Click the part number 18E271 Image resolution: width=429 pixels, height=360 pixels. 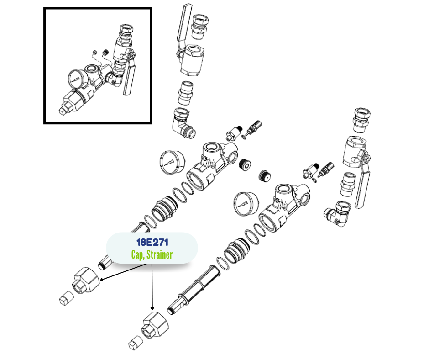[x=152, y=243]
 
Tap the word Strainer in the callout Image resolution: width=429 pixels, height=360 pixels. [x=160, y=255]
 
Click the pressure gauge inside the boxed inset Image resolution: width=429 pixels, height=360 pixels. [x=78, y=79]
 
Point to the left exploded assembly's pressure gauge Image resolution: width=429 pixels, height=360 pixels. [x=172, y=162]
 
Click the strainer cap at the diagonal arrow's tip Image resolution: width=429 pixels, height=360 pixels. [x=86, y=281]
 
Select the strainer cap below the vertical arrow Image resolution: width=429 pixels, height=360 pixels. [x=155, y=325]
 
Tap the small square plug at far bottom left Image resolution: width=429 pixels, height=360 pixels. [x=67, y=299]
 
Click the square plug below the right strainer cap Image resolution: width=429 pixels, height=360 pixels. [x=136, y=343]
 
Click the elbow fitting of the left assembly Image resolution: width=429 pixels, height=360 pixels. [x=183, y=123]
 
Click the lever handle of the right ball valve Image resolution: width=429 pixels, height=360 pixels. [x=363, y=184]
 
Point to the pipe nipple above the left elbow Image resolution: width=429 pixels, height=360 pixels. [x=185, y=93]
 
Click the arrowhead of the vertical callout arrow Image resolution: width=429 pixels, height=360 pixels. [x=152, y=308]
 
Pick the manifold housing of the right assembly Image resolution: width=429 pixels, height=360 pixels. [x=284, y=207]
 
